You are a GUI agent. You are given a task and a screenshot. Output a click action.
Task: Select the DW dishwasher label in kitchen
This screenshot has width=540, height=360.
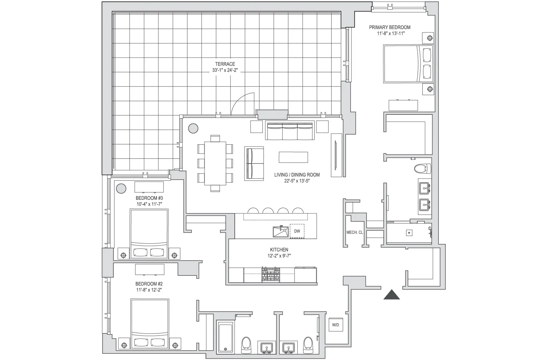pyautogui.click(x=297, y=231)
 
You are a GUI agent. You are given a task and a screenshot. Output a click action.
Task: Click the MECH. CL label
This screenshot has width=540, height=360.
pyautogui.click(x=354, y=233)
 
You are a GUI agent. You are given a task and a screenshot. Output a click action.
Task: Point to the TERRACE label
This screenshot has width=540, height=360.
pyautogui.click(x=225, y=64)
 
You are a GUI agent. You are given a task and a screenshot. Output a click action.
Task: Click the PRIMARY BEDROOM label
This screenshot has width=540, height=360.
pyautogui.click(x=390, y=27)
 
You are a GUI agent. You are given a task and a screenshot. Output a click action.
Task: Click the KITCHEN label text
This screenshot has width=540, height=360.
pyautogui.click(x=279, y=250)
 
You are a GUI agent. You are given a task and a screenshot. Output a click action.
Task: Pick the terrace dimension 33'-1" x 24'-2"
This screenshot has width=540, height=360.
pyautogui.click(x=225, y=71)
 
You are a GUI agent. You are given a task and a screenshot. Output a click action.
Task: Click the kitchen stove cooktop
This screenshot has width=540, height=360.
pyautogui.click(x=271, y=275)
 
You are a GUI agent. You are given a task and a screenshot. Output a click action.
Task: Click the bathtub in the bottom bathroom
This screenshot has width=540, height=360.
pyautogui.click(x=226, y=337)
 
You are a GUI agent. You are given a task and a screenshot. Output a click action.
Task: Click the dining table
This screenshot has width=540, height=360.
pyautogui.click(x=215, y=163)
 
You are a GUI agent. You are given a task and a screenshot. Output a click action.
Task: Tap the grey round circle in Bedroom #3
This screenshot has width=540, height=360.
pyautogui.click(x=121, y=188)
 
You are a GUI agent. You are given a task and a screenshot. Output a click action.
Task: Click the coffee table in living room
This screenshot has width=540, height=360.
pyautogui.click(x=293, y=157)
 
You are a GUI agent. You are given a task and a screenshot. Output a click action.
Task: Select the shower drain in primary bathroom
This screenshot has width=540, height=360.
pyautogui.click(x=409, y=233)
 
